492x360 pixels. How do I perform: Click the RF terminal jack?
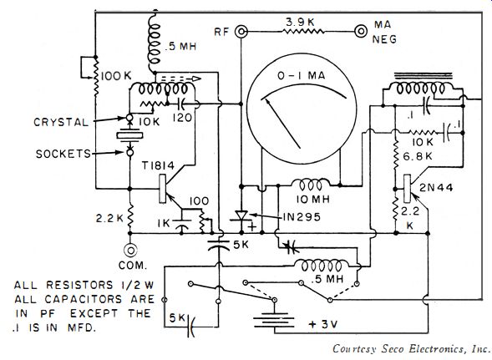(x=241, y=32)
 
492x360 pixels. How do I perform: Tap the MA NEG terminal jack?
(x=361, y=31)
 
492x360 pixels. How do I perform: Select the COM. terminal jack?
(x=130, y=251)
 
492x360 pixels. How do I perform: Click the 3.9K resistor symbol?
(x=302, y=31)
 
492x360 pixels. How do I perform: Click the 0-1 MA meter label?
(x=302, y=76)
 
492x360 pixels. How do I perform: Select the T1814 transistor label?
(x=158, y=165)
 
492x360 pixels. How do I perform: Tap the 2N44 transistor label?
(x=436, y=188)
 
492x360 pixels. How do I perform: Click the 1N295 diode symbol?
(x=241, y=216)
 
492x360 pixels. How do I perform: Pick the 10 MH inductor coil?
(x=311, y=185)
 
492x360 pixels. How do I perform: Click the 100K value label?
(x=116, y=76)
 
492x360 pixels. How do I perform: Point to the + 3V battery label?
(x=323, y=324)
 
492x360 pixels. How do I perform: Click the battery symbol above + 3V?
(x=275, y=320)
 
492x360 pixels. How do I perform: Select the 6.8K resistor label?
(x=418, y=156)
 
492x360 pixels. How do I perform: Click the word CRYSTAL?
(x=61, y=122)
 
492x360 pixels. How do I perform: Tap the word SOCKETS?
(x=63, y=154)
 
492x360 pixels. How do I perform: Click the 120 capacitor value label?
(x=182, y=118)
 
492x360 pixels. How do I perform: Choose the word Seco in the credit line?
(x=393, y=349)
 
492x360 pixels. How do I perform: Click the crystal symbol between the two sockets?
(x=129, y=135)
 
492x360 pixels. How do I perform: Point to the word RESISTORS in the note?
(x=79, y=285)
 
